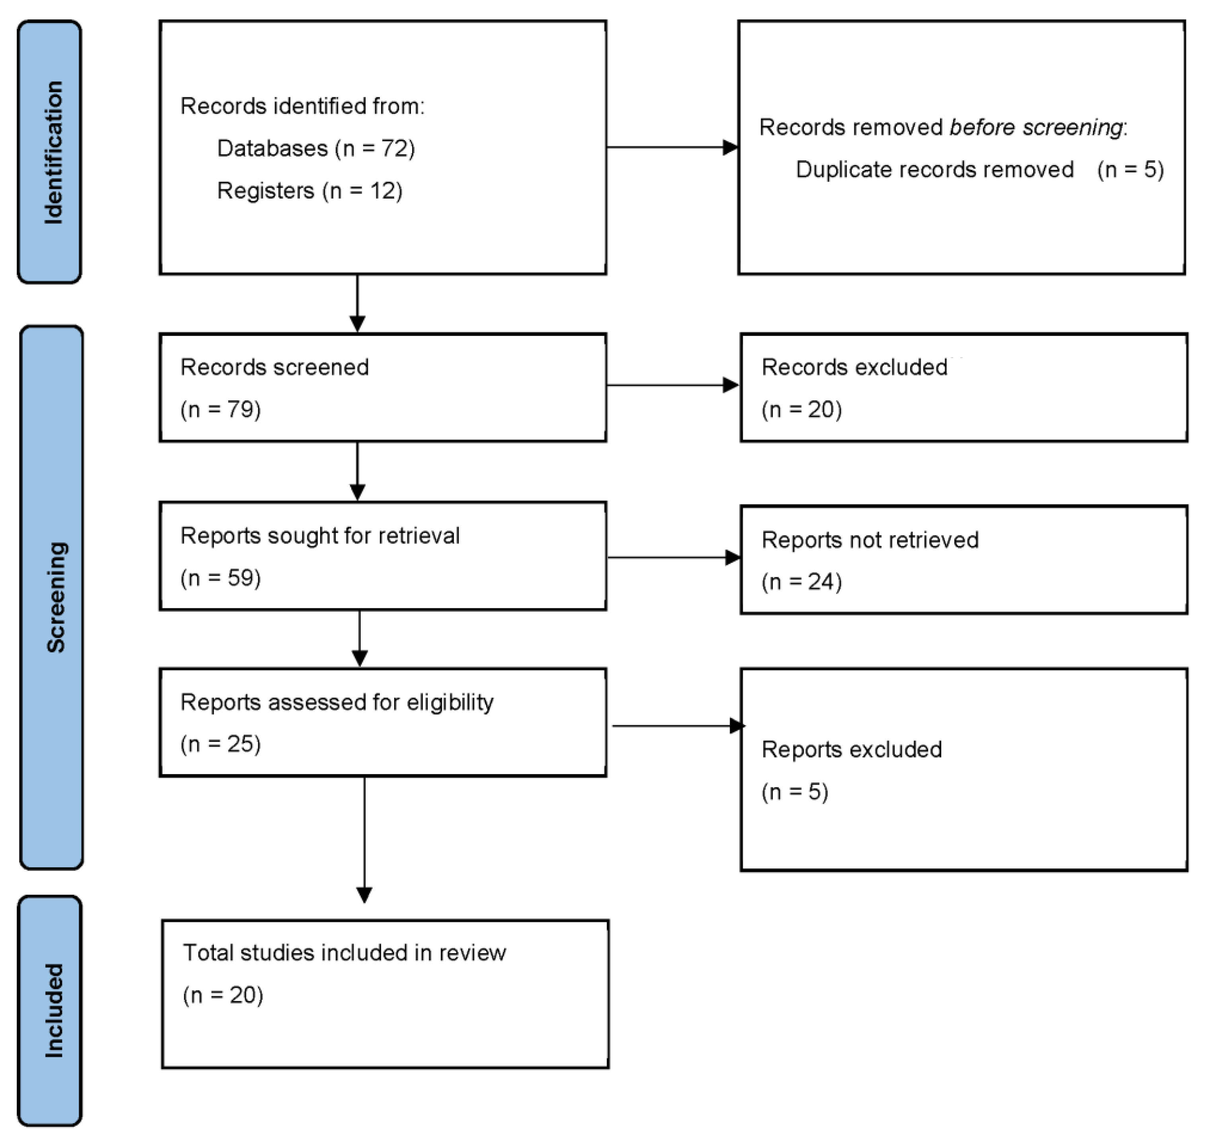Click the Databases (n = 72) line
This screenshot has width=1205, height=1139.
(x=315, y=148)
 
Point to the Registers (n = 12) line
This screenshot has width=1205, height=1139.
(x=310, y=191)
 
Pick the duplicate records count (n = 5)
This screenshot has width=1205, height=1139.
(x=1130, y=169)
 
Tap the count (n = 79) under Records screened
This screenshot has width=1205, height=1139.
(x=220, y=409)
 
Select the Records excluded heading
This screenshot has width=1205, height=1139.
(x=854, y=367)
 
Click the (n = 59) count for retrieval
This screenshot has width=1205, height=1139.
(x=220, y=577)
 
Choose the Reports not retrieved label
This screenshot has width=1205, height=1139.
(x=870, y=540)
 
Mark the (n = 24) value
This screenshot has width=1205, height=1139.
(x=801, y=582)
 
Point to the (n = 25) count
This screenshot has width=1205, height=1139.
(x=220, y=744)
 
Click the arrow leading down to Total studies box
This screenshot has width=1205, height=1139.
(x=364, y=840)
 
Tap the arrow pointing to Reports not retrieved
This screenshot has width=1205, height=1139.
(x=674, y=557)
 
